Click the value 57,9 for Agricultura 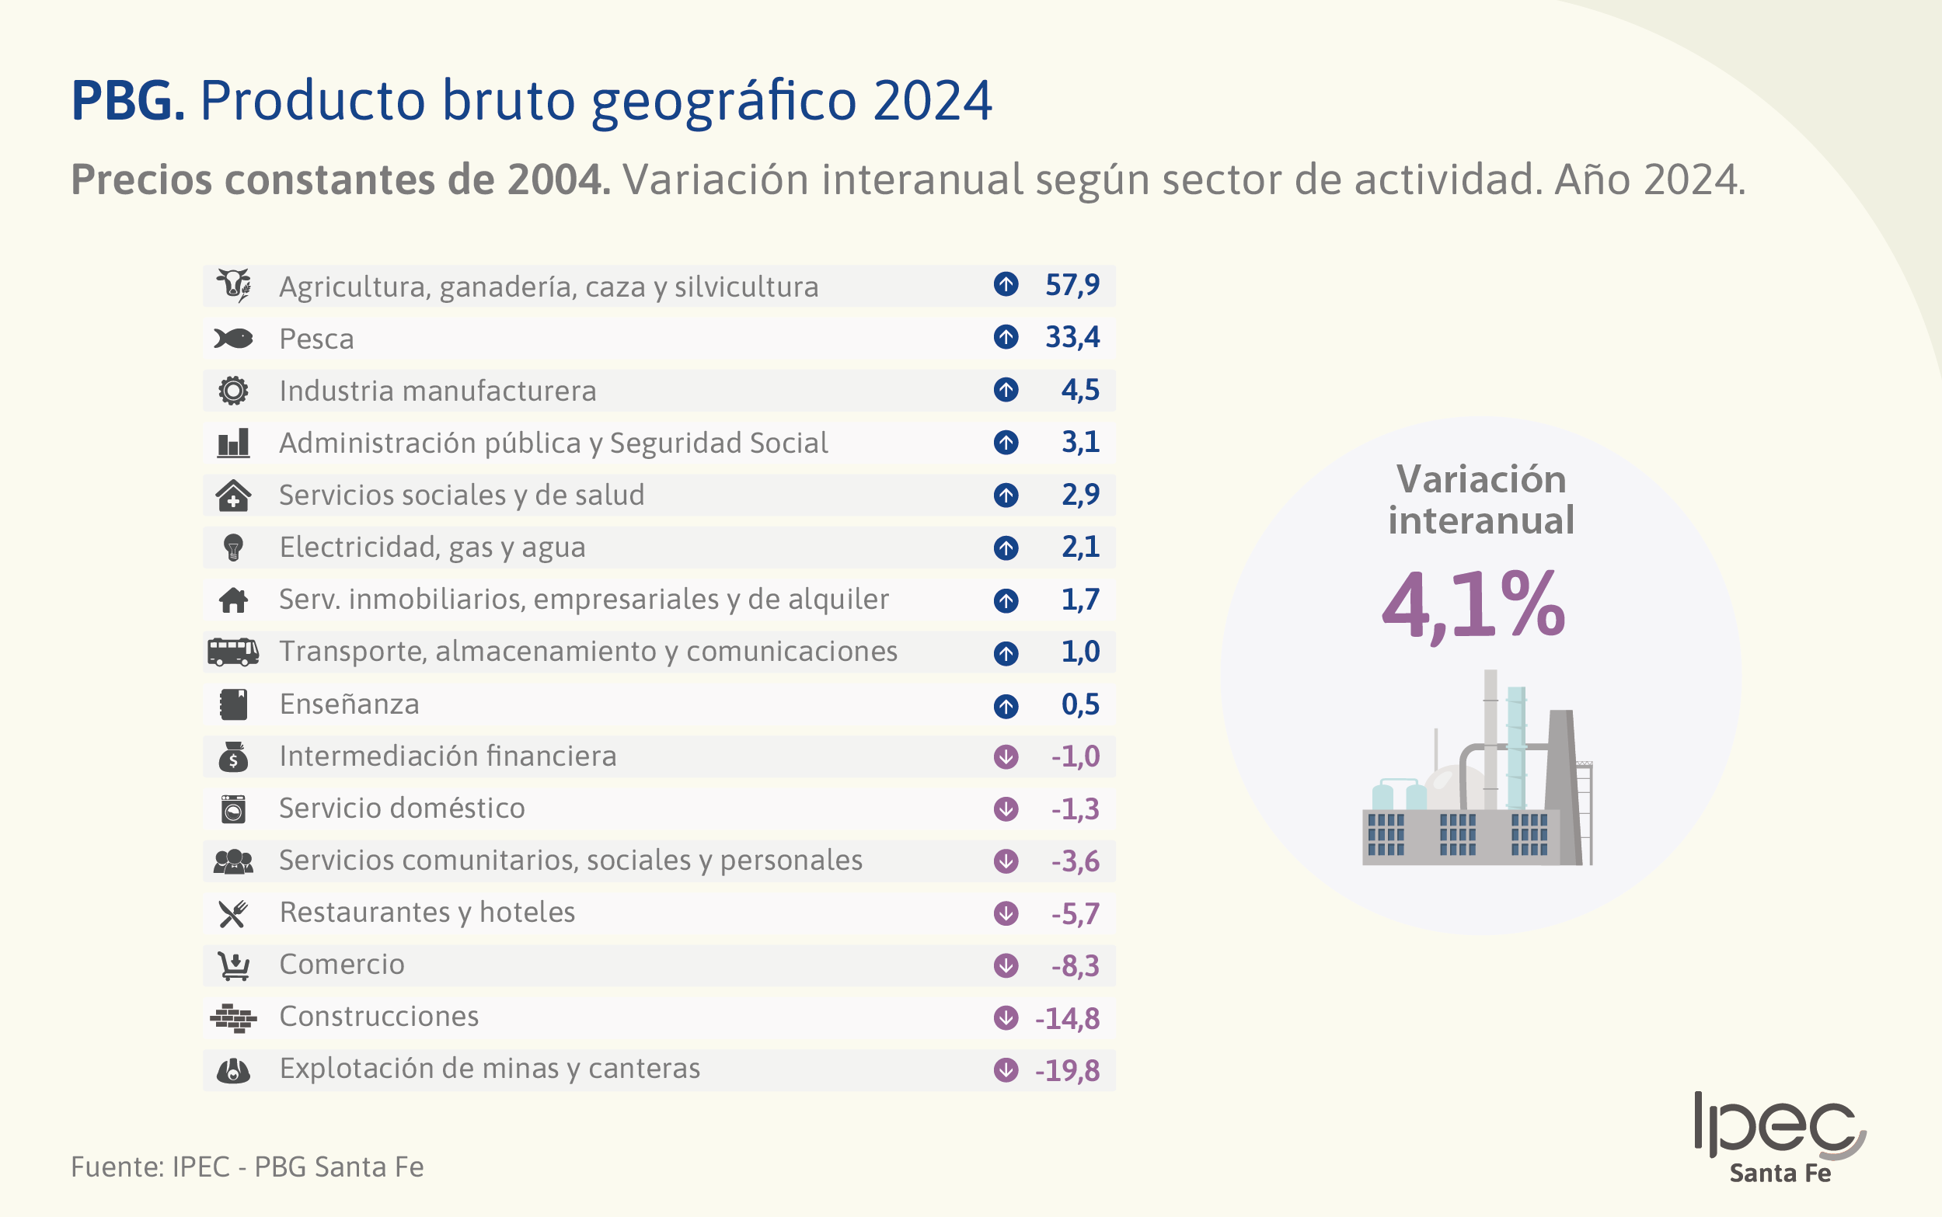pyautogui.click(x=1072, y=285)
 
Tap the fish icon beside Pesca pyautogui.click(x=232, y=338)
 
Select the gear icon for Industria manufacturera pyautogui.click(x=232, y=391)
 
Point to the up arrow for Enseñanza pyautogui.click(x=1006, y=705)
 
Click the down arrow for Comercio pyautogui.click(x=1006, y=965)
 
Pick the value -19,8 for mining pyautogui.click(x=1067, y=1070)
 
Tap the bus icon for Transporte pyautogui.click(x=232, y=651)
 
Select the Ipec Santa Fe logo pyautogui.click(x=1780, y=1136)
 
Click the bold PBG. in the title pyautogui.click(x=128, y=101)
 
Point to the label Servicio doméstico pyautogui.click(x=402, y=808)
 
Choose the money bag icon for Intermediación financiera pyautogui.click(x=232, y=756)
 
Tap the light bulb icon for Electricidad pyautogui.click(x=232, y=548)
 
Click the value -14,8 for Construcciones pyautogui.click(x=1067, y=1018)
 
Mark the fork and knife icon pyautogui.click(x=232, y=913)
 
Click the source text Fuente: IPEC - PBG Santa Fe pyautogui.click(x=247, y=1167)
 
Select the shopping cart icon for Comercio pyautogui.click(x=232, y=965)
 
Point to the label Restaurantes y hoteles pyautogui.click(x=427, y=913)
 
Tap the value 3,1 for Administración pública pyautogui.click(x=1079, y=442)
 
